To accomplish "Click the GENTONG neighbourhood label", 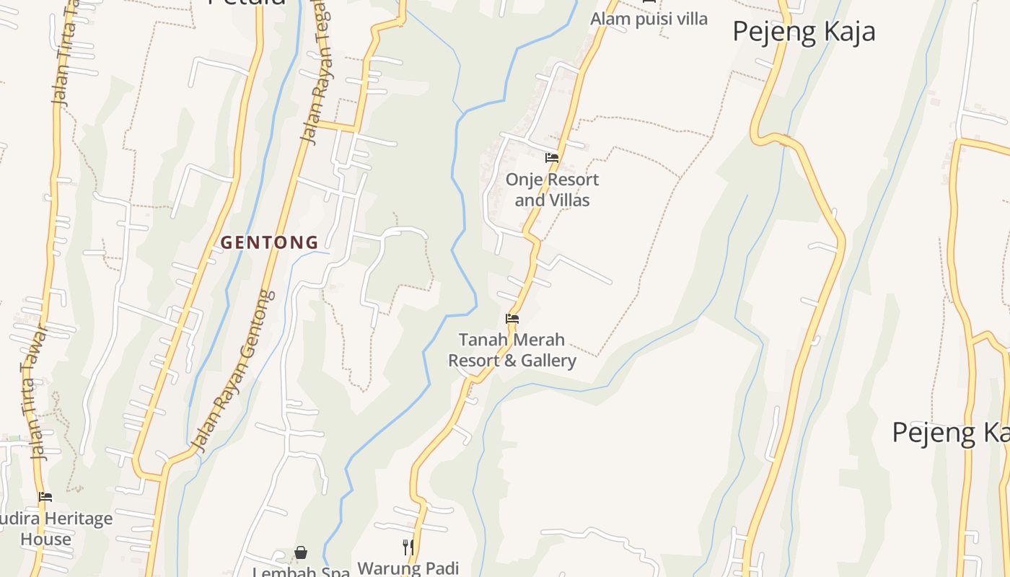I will tap(269, 243).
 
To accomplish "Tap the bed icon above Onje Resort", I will tap(552, 158).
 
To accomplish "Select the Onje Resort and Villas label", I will tap(552, 190).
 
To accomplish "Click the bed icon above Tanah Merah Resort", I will tap(512, 318).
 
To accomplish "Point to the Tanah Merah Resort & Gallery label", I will tap(512, 350).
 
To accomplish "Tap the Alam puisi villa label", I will tap(649, 19).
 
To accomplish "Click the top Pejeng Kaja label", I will tap(804, 32).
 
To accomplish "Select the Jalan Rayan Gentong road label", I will tap(235, 371).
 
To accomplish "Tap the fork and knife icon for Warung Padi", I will tap(408, 547).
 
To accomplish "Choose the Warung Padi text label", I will tap(408, 568).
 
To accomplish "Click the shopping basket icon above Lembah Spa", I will tap(301, 553).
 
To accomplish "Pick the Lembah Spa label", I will tap(301, 572).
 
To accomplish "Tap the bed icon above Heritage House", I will tap(45, 497).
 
